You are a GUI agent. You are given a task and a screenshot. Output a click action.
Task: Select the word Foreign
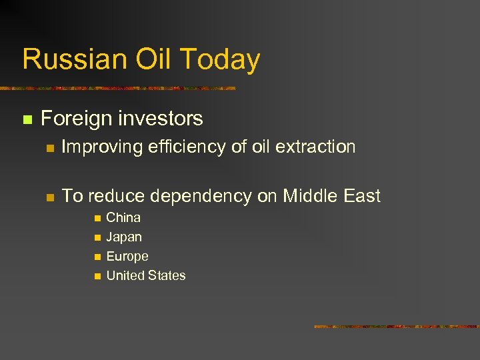[x=76, y=119]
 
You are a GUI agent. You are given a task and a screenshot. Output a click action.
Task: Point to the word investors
[x=159, y=119]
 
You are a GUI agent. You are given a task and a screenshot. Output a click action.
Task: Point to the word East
[x=362, y=196]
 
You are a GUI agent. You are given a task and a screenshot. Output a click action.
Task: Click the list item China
[x=123, y=217]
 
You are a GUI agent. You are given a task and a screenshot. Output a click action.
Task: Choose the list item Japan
[x=124, y=237]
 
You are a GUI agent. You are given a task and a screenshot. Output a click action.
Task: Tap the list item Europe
[x=127, y=257]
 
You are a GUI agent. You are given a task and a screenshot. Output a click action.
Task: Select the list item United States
[x=146, y=275]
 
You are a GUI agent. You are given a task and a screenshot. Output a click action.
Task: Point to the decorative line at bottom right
[x=396, y=327]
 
